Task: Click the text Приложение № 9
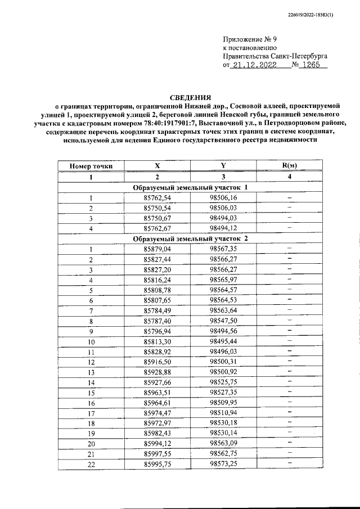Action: (x=250, y=40)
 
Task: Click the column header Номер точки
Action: (x=91, y=166)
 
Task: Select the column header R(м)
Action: (x=289, y=166)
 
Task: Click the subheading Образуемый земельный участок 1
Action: (x=190, y=187)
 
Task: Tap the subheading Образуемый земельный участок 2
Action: (x=190, y=238)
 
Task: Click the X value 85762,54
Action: (x=157, y=197)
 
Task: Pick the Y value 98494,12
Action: (x=223, y=228)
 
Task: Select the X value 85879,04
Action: (x=157, y=249)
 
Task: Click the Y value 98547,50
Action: (x=223, y=320)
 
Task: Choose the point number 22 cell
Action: (x=91, y=463)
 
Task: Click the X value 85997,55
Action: (x=157, y=453)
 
